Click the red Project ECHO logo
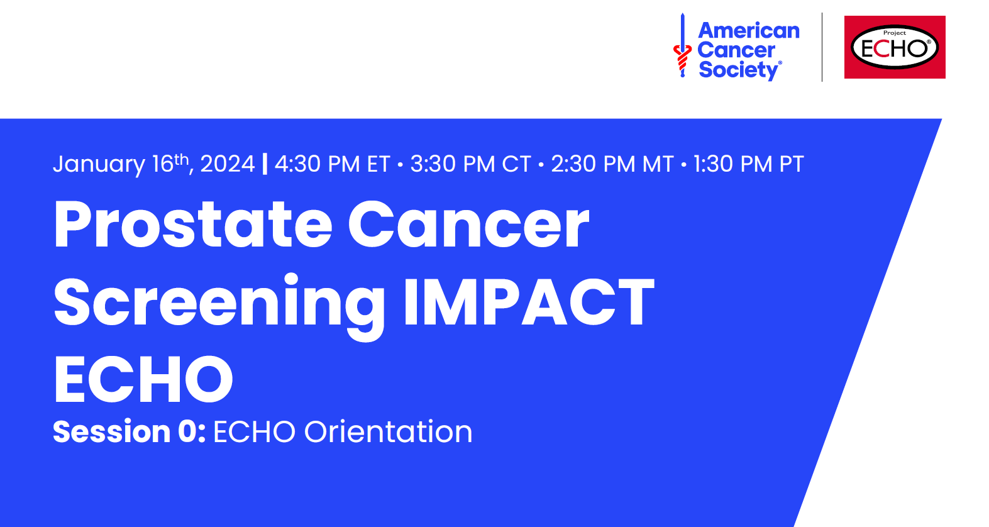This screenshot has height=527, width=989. click(x=895, y=47)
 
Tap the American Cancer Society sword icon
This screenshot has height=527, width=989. click(x=682, y=45)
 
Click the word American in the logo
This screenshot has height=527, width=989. click(x=748, y=31)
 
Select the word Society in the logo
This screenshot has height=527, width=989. click(x=739, y=70)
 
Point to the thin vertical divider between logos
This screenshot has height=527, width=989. click(x=822, y=47)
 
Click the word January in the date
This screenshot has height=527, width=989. click(x=99, y=164)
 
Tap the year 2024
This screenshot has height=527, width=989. click(x=228, y=164)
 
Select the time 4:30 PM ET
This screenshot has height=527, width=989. click(x=333, y=164)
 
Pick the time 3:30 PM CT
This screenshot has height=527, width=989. click(x=470, y=164)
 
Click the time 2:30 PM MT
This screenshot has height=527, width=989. click(x=612, y=164)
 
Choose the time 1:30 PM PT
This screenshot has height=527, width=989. click(x=749, y=164)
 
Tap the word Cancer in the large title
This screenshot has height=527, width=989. click(x=469, y=225)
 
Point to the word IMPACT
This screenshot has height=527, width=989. click(x=529, y=302)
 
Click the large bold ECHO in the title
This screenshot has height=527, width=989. click(x=143, y=379)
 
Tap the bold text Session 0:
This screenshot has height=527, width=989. click(x=130, y=431)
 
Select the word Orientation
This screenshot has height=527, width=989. click(x=388, y=431)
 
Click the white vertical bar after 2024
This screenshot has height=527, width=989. click(x=265, y=164)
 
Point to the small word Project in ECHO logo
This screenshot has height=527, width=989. click(x=895, y=33)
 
